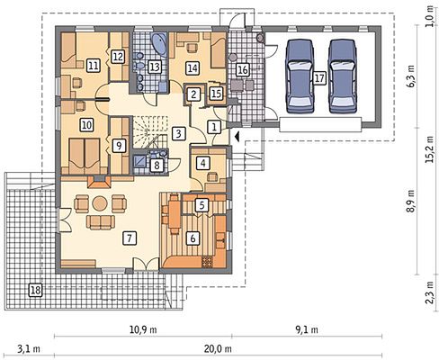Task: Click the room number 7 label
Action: coord(130,238)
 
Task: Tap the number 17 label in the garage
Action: coord(319,78)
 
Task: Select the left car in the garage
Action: coord(300,76)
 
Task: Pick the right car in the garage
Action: coord(343,76)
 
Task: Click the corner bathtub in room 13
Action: coord(159,44)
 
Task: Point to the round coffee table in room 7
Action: coord(100,203)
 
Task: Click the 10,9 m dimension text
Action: coord(143,329)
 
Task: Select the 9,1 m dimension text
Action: coord(307,329)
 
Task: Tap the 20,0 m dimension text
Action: coord(218,349)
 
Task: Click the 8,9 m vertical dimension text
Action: coord(411,201)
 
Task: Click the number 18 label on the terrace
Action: coord(35,290)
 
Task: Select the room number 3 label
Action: coord(179,133)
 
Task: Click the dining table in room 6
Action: coord(174,213)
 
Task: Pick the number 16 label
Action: coord(242,70)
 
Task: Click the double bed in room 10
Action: coord(85,156)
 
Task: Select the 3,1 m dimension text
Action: coord(29,349)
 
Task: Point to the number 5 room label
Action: coord(202,205)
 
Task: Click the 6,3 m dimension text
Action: coord(410,76)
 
